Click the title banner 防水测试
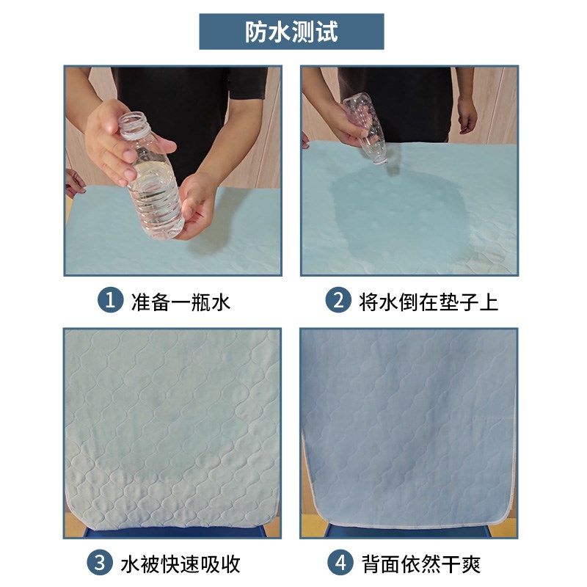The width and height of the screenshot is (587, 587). (x=291, y=32)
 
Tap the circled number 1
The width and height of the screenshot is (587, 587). (x=111, y=301)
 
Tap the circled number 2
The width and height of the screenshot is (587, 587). (x=338, y=301)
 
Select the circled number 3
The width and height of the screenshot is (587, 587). (x=101, y=564)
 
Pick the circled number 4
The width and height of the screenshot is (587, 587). (x=338, y=564)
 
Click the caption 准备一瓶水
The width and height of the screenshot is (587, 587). (x=181, y=301)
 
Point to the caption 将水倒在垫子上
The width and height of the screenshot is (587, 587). (x=429, y=301)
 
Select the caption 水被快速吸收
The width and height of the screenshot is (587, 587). (x=181, y=564)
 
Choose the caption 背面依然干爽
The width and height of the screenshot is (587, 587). (x=421, y=564)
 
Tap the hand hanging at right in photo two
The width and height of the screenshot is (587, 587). (x=467, y=116)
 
